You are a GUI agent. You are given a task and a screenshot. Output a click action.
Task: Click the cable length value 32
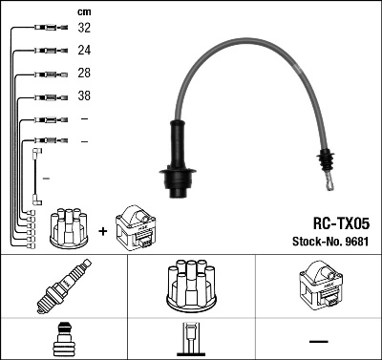(84, 29)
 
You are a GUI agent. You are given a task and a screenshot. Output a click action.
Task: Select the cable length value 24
(84, 51)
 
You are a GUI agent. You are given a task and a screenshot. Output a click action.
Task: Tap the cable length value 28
(84, 74)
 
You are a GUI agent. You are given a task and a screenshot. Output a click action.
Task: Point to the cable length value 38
(84, 96)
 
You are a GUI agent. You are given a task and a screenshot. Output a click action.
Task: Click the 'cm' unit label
(83, 11)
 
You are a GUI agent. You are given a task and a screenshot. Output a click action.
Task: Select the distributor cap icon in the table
(190, 285)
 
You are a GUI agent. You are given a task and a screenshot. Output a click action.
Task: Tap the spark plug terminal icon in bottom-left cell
(63, 340)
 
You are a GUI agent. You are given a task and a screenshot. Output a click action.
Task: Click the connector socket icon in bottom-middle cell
(190, 340)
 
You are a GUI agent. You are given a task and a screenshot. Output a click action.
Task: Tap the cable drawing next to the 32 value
(48, 29)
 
